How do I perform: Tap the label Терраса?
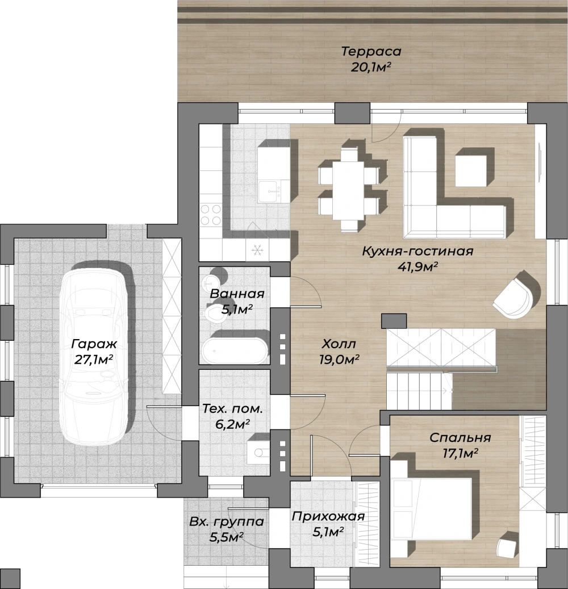coord(371,51)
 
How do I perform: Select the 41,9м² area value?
coord(417,266)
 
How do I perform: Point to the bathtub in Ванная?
coord(235,348)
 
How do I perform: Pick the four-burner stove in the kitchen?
coord(211,215)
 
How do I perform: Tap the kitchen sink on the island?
coord(269,191)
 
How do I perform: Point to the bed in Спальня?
coord(431,508)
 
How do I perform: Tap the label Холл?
coord(339,344)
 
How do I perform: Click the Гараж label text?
coord(94,344)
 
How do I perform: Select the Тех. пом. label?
coord(232,409)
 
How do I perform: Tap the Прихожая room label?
coord(328,516)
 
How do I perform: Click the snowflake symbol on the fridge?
coord(257,250)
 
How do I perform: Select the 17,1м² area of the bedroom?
coord(460,453)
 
